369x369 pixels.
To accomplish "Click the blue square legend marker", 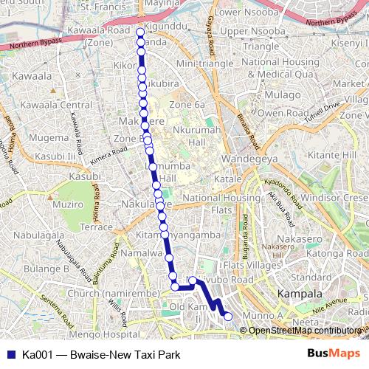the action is pyautogui.click(x=9, y=354).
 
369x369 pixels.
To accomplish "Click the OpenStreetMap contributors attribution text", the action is pyautogui.click(x=303, y=330).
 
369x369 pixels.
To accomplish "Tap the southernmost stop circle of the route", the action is pyautogui.click(x=228, y=317).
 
